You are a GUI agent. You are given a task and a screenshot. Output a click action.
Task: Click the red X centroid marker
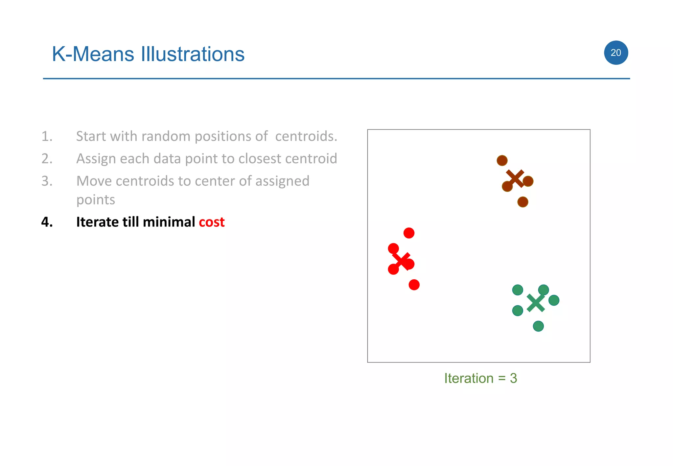click(401, 261)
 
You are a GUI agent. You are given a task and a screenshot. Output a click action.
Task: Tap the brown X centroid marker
click(515, 178)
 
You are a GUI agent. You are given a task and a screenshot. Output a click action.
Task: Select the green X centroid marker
click(536, 303)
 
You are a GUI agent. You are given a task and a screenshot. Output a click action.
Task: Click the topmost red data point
click(409, 233)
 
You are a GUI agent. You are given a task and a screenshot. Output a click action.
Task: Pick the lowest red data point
click(414, 285)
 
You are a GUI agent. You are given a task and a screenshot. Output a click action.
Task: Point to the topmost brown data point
click(502, 160)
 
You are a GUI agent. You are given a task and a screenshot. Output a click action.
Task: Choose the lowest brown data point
click(523, 202)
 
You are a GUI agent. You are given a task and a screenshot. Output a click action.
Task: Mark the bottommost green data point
click(538, 326)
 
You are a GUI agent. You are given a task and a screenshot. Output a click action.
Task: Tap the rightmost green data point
click(554, 300)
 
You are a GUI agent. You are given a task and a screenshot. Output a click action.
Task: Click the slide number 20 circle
click(616, 53)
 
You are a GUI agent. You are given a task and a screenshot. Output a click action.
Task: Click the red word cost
click(212, 222)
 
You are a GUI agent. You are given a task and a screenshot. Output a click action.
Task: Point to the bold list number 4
click(47, 222)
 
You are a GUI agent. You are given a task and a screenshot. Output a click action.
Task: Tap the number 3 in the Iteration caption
click(513, 378)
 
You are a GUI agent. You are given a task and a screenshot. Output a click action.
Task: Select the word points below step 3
click(96, 200)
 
